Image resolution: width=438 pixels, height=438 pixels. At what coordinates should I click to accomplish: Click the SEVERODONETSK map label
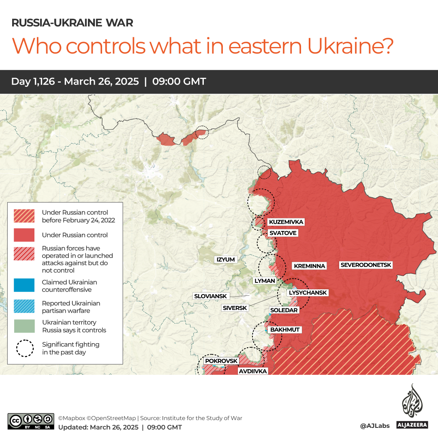[x=366, y=265]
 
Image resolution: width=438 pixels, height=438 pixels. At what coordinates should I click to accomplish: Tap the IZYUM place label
[x=226, y=259]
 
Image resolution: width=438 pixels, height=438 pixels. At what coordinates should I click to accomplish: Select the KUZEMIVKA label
[x=286, y=222]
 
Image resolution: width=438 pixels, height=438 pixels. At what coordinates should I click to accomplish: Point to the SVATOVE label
[x=283, y=233]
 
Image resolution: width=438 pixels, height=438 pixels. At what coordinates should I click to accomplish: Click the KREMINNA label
[x=310, y=266]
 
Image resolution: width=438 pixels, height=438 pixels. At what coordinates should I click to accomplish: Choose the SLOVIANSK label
[x=210, y=296]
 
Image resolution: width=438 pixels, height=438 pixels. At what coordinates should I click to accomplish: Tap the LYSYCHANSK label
[x=308, y=293]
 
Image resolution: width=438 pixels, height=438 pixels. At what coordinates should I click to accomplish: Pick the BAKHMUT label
[x=285, y=329]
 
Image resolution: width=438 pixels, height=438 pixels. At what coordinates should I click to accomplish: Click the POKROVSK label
[x=221, y=361]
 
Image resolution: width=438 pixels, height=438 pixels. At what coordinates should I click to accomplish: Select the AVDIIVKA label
[x=252, y=371]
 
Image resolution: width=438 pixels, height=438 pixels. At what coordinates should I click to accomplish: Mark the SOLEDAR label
[x=284, y=310]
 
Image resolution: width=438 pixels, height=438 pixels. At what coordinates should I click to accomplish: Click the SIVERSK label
[x=235, y=308]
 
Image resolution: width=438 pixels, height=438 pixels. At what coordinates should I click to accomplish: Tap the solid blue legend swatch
[x=24, y=286]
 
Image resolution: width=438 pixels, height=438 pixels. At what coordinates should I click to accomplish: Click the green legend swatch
[x=24, y=326]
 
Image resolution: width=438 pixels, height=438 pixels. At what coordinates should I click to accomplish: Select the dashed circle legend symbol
[x=24, y=348]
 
